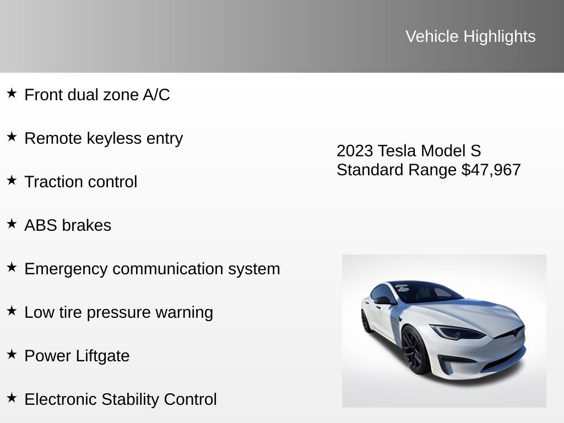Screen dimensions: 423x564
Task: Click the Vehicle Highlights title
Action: [x=470, y=36]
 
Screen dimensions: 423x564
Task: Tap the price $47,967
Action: [x=491, y=170]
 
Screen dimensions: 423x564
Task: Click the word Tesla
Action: [x=397, y=151]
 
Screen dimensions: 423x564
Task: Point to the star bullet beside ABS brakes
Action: [x=12, y=224]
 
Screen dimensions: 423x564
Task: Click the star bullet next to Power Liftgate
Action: [x=12, y=354]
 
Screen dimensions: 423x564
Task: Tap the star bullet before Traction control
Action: [x=12, y=180]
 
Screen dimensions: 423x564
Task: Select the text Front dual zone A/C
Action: [x=97, y=95]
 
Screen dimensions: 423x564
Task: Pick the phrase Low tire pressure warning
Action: [x=118, y=312]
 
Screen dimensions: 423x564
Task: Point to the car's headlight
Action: [x=456, y=332]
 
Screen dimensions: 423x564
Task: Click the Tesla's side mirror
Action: [x=383, y=300]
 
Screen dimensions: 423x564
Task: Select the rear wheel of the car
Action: [x=366, y=322]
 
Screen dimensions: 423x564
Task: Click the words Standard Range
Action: [x=397, y=170]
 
